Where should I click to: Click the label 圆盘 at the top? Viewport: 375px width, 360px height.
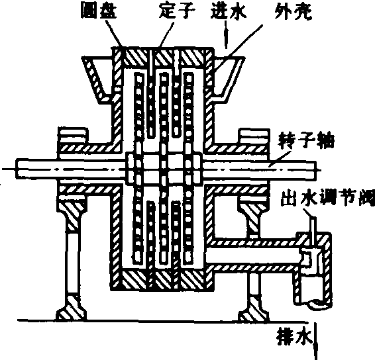99,11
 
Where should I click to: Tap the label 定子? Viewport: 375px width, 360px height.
177,11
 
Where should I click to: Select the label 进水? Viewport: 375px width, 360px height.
229,11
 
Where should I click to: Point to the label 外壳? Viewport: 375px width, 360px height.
294,11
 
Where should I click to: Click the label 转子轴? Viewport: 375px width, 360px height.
306,142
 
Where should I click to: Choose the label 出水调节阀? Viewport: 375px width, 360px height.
328,197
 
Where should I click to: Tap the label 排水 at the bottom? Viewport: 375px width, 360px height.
295,337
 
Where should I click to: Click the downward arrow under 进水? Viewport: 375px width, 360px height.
226,35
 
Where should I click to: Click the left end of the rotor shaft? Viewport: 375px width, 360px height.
17,169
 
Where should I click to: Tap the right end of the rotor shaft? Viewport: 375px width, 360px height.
316,169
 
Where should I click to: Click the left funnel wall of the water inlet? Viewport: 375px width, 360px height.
95,79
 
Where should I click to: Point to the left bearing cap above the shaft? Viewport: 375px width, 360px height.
73,136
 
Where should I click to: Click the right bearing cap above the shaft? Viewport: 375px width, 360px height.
254,136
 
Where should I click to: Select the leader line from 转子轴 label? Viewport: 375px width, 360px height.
280,158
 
